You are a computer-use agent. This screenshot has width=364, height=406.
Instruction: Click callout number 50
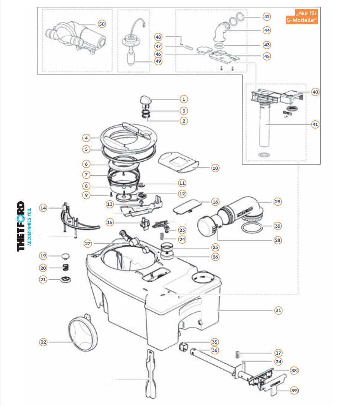click(102, 24)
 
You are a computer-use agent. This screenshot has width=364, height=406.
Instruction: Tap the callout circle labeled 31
click(278, 310)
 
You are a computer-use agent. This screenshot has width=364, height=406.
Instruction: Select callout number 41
click(315, 124)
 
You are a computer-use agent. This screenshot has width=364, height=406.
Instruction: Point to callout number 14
click(44, 208)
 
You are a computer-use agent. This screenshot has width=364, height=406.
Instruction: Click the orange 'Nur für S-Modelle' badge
click(302, 17)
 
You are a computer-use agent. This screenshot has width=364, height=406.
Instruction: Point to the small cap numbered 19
click(66, 256)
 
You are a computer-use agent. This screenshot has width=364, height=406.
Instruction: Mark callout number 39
click(294, 390)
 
